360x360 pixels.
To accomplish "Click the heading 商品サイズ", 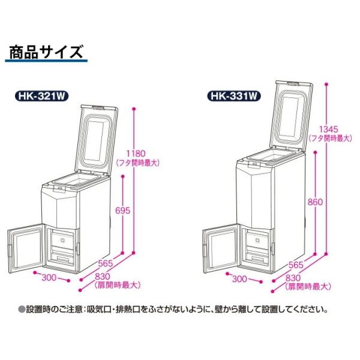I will point(46,52).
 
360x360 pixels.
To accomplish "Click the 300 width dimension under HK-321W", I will point(50,278).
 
